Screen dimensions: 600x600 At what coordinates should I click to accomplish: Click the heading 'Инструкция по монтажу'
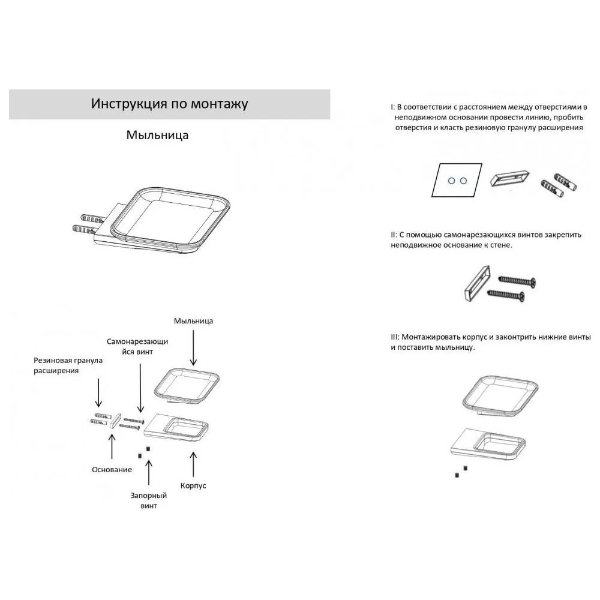click(x=170, y=104)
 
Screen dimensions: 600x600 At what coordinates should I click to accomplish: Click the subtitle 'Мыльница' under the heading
click(x=157, y=135)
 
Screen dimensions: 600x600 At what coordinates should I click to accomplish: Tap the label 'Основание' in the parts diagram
click(x=112, y=470)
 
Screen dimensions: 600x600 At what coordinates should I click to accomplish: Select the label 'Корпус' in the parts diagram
click(x=193, y=485)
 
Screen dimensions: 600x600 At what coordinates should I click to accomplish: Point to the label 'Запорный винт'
click(x=148, y=500)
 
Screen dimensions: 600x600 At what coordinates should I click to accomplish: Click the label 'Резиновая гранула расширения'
click(x=68, y=365)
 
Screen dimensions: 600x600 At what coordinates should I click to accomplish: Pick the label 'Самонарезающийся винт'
click(x=137, y=346)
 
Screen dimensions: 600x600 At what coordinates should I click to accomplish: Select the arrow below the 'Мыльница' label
click(x=193, y=348)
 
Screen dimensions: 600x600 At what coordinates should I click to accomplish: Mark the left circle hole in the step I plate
click(x=452, y=181)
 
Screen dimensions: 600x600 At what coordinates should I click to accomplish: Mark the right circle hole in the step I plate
click(x=463, y=181)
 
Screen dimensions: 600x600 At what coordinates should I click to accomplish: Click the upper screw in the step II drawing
click(x=517, y=281)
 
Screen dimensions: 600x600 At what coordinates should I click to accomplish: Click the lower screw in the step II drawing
click(x=506, y=295)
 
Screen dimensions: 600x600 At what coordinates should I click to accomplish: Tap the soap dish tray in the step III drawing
click(x=500, y=397)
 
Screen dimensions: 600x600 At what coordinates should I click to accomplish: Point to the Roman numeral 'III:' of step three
click(x=395, y=337)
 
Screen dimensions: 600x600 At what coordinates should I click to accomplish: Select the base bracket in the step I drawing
click(x=510, y=178)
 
